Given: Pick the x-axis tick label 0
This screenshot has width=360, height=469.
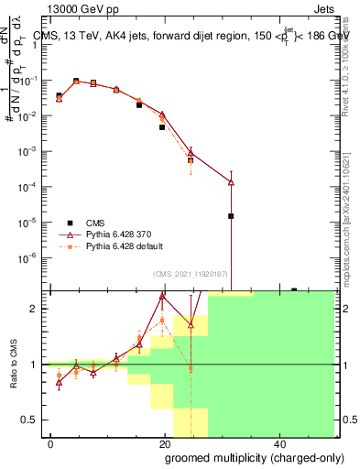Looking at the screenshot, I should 51,443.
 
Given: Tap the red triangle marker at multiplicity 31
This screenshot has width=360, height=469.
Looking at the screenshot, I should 231,182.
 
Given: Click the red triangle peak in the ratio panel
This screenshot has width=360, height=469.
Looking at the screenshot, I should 162,296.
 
